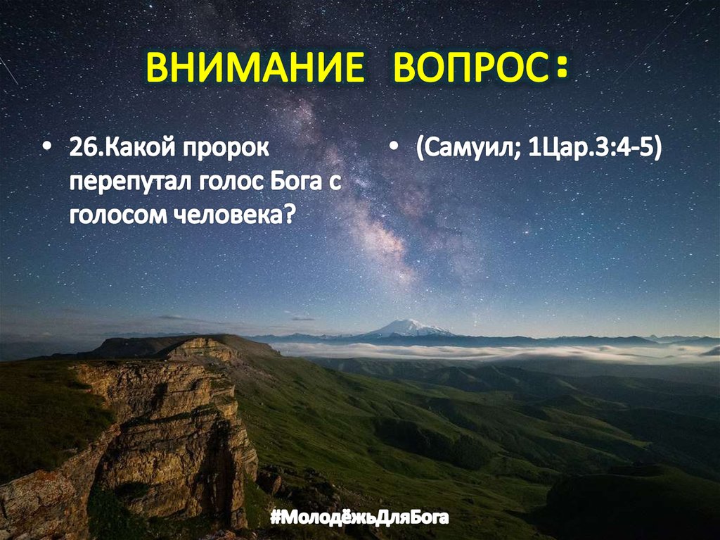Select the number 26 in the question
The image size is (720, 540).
point(79,150)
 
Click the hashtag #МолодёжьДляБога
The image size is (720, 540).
point(359,519)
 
